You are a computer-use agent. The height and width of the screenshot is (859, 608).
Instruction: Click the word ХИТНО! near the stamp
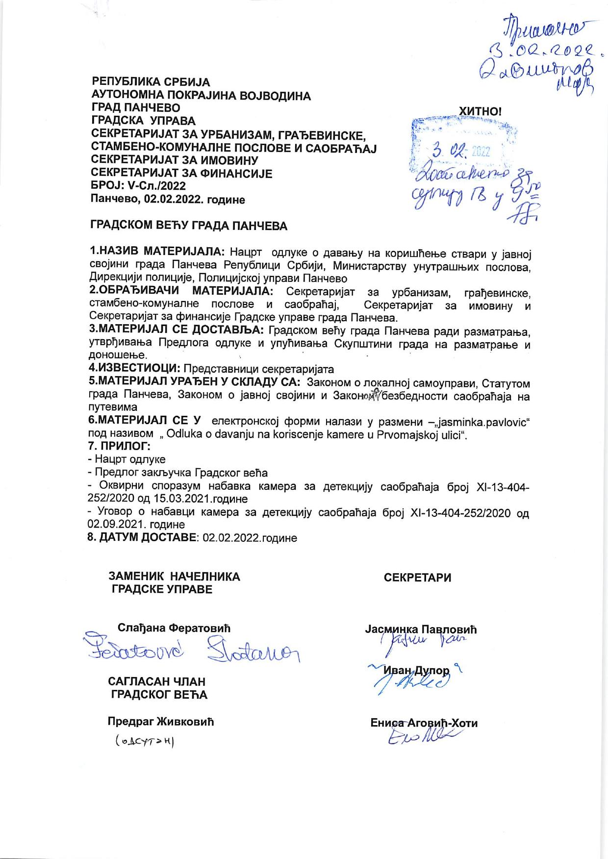tap(480, 111)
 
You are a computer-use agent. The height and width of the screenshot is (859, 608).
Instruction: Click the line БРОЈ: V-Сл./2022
tap(138, 186)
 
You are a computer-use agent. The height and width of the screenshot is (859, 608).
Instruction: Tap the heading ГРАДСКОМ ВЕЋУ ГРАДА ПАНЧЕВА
tap(189, 226)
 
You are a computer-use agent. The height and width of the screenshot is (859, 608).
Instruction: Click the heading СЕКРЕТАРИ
tap(417, 578)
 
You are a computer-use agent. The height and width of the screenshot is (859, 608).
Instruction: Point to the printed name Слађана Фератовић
tap(174, 628)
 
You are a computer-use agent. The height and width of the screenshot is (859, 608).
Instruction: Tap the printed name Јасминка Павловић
tap(421, 630)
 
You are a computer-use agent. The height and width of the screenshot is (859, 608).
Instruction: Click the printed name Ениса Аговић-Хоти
tap(424, 723)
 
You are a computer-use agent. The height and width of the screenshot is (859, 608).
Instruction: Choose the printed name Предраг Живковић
tap(161, 722)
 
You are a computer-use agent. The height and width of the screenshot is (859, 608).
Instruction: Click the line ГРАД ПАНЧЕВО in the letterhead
tap(136, 108)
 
